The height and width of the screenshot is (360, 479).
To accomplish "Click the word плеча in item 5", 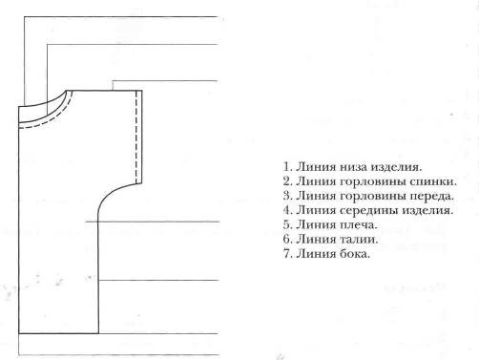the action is pyautogui.click(x=359, y=225).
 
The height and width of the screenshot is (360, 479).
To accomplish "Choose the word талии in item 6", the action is pyautogui.click(x=359, y=240).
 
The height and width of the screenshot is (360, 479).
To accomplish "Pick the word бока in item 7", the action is pyautogui.click(x=355, y=254).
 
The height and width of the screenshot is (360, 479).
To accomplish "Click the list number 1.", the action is pyautogui.click(x=287, y=167).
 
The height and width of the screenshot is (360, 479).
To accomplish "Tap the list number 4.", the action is pyautogui.click(x=287, y=210).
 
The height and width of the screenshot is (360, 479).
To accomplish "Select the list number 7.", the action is pyautogui.click(x=287, y=254).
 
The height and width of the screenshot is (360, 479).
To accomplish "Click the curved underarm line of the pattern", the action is pyautogui.click(x=112, y=193).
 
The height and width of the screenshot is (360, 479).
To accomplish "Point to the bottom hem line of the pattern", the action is pyautogui.click(x=58, y=333).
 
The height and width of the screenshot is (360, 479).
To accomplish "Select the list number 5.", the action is pyautogui.click(x=287, y=224).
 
